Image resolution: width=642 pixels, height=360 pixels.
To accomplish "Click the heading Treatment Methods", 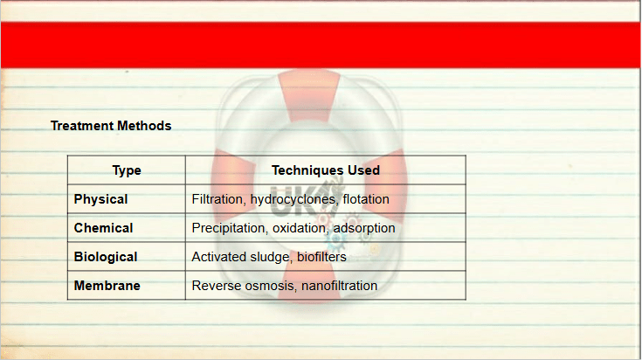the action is click(111, 126).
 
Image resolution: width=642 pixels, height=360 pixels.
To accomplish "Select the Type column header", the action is click(127, 170).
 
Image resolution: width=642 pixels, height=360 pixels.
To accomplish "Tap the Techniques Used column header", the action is click(326, 170).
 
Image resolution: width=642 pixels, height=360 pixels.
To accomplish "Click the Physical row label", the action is click(100, 199).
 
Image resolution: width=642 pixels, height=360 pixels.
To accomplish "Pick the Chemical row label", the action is click(104, 228).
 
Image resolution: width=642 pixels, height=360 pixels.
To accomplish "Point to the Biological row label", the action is click(106, 257).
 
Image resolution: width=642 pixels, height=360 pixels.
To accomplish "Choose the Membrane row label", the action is click(107, 286).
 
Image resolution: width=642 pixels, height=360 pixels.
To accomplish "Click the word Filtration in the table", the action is click(218, 199).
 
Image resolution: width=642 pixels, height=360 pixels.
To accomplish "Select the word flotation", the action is click(366, 199).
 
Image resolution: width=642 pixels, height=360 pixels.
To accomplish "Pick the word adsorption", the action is click(364, 228).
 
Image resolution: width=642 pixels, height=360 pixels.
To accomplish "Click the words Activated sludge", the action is click(242, 257).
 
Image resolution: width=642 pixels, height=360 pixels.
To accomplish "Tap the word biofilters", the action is click(321, 257).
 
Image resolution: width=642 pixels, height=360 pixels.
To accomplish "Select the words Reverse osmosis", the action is click(245, 286).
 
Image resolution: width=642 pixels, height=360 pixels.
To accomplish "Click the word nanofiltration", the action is click(340, 286).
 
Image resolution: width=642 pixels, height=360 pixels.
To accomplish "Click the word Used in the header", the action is click(364, 170).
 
